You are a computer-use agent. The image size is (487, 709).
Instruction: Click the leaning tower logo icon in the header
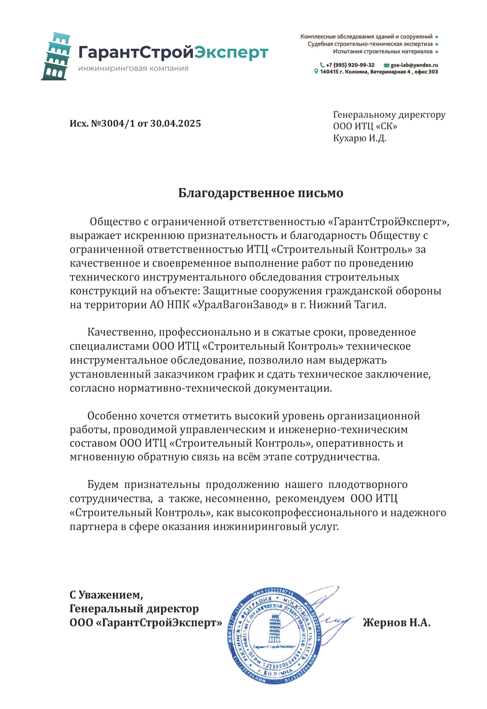tap(56, 56)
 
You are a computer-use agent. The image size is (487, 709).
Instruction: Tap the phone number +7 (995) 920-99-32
tap(350, 65)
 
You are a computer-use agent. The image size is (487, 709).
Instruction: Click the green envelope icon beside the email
tap(387, 65)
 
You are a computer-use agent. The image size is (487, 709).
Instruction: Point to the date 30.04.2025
tap(176, 123)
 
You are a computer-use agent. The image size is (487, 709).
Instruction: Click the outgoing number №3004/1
tap(113, 123)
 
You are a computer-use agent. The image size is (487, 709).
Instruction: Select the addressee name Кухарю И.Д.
tap(359, 138)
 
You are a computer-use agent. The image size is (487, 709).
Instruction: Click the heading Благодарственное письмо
tap(261, 193)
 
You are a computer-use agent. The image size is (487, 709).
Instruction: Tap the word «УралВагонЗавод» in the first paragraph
tap(240, 305)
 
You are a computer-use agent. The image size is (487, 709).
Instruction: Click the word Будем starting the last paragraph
tap(103, 485)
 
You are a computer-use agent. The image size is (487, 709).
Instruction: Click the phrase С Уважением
tap(106, 595)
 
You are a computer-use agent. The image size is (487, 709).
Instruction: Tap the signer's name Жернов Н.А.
tap(397, 623)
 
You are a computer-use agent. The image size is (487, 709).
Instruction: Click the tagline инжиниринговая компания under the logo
tap(133, 68)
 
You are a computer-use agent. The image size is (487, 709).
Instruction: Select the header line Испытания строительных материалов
tap(382, 52)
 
